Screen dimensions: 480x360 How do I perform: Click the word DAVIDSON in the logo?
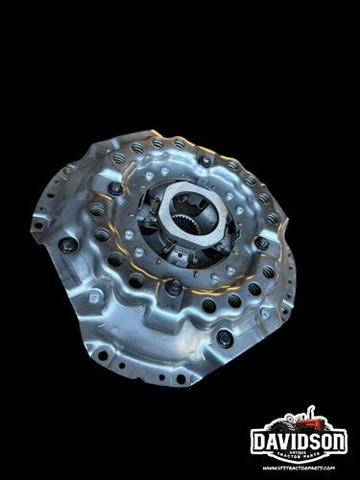pos(302,445)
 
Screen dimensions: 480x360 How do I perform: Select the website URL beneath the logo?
pos(302,466)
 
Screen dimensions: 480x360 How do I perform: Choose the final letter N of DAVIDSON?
pos(342,445)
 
